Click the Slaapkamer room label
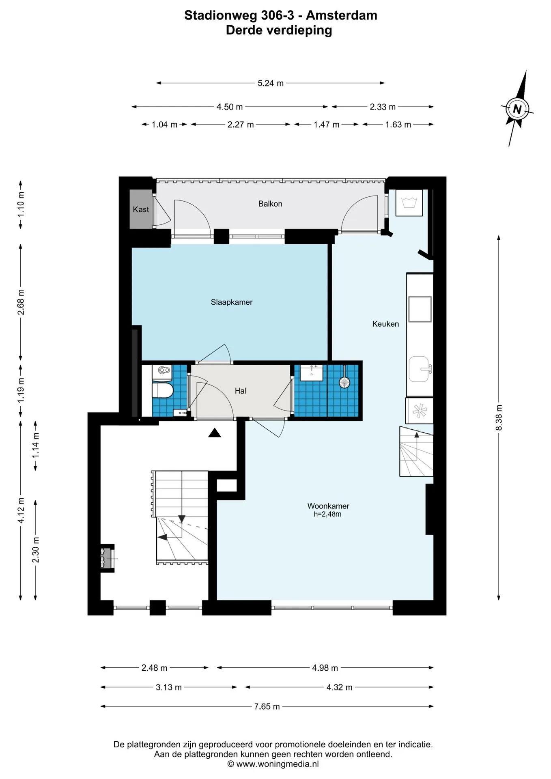(231, 302)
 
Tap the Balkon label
(270, 204)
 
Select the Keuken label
(385, 324)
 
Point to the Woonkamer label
(328, 506)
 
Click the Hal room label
(240, 391)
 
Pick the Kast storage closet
(141, 209)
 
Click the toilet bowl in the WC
(163, 390)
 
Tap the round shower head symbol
(344, 382)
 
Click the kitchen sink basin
(419, 369)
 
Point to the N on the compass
(517, 109)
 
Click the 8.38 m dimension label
(499, 417)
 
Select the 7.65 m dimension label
(267, 706)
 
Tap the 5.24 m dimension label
(271, 83)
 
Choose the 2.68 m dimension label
(21, 302)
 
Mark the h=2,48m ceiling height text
(327, 514)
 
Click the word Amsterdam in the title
(342, 15)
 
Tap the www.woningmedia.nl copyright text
(278, 764)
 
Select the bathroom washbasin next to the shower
(312, 373)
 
